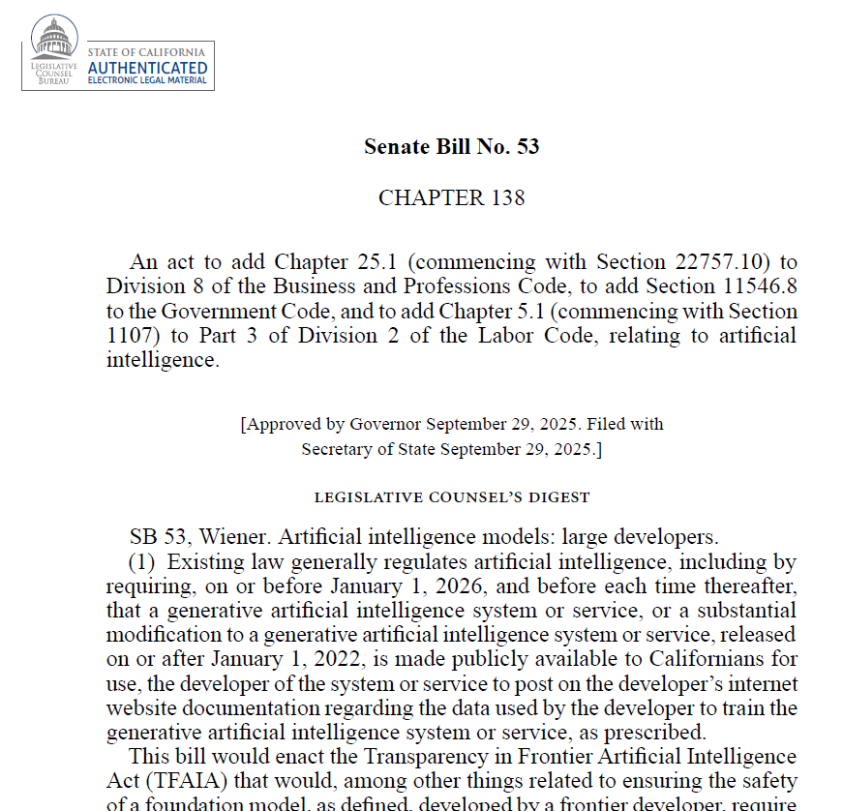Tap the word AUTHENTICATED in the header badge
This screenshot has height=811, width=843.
[147, 68]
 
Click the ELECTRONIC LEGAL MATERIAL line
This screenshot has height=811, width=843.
[147, 81]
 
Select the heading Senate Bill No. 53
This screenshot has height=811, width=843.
[451, 147]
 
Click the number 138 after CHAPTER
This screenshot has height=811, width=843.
[505, 198]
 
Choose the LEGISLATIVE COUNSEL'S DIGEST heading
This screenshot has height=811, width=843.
[452, 497]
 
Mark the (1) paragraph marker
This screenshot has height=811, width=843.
[144, 562]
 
